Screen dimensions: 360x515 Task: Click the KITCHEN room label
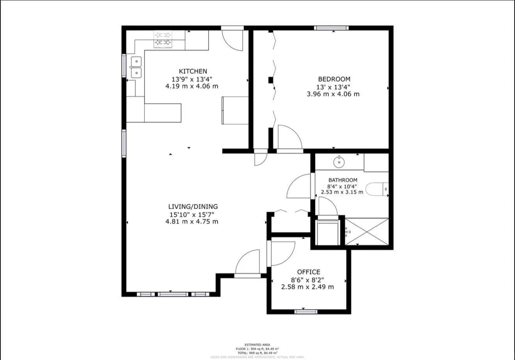[193, 71]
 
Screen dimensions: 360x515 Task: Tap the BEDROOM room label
[334, 79]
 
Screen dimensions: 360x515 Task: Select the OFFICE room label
[308, 272]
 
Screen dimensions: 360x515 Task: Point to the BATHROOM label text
[343, 180]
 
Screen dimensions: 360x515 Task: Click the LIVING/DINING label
[193, 207]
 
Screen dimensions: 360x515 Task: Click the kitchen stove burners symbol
[163, 39]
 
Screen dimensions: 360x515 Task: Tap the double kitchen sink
[136, 67]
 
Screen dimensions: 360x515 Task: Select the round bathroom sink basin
[339, 161]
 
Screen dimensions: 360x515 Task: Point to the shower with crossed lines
[367, 232]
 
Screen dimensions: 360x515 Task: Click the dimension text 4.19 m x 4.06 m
[192, 86]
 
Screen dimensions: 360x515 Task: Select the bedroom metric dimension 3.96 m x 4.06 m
[333, 94]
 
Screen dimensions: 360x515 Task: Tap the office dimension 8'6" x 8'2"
[308, 279]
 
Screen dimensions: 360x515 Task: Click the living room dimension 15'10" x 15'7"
[192, 214]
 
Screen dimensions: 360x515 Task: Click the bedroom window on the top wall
[331, 28]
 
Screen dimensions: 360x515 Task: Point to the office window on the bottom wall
[306, 311]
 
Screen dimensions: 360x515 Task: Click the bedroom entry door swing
[289, 137]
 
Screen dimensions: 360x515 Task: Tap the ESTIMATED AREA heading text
[257, 345]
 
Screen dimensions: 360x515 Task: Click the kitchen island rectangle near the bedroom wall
[235, 110]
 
